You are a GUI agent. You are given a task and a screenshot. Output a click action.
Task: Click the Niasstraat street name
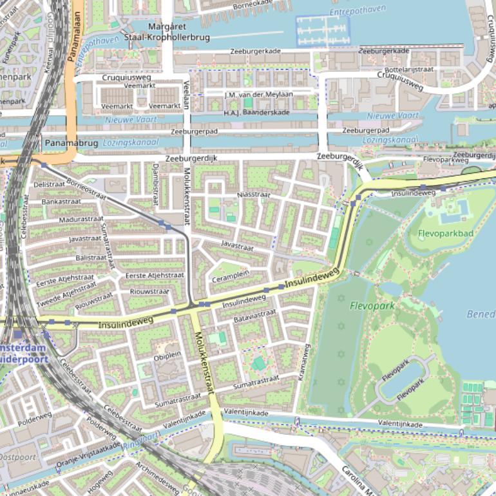click(254, 194)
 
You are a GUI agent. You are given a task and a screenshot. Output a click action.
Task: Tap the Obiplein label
click(167, 355)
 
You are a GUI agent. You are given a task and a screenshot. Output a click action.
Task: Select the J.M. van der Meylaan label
click(258, 94)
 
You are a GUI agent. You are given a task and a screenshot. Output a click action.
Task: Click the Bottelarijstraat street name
click(408, 68)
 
